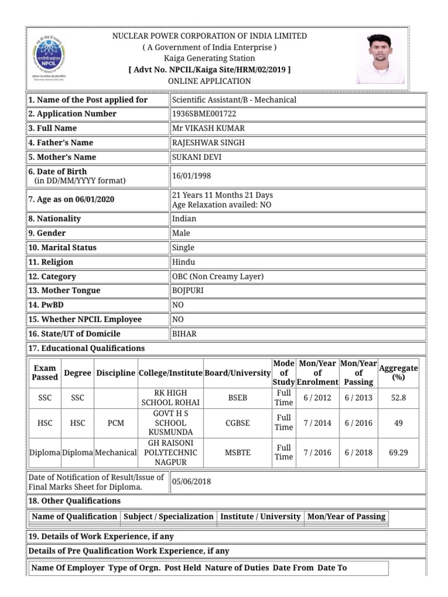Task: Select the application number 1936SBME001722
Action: click(204, 114)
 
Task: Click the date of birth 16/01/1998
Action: click(191, 175)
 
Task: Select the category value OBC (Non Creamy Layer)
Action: click(218, 276)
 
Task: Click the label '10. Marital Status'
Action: click(62, 248)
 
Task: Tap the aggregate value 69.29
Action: click(398, 452)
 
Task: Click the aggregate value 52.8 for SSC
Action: click(398, 398)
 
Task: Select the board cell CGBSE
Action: click(237, 423)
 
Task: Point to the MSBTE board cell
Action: click(237, 452)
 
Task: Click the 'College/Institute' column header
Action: click(170, 373)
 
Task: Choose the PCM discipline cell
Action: click(116, 423)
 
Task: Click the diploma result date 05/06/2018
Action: click(191, 482)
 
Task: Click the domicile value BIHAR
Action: click(184, 334)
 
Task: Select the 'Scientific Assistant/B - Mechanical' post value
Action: click(234, 100)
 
